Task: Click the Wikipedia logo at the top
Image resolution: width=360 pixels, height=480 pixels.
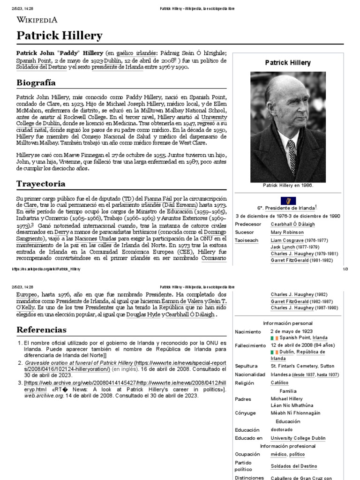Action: (37, 19)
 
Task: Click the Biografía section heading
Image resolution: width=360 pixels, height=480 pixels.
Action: (36, 82)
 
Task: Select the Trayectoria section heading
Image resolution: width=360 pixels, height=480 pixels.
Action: (41, 183)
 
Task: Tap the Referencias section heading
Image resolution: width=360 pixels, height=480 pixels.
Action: (41, 330)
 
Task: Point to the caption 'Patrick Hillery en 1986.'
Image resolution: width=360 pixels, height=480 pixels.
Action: (288, 186)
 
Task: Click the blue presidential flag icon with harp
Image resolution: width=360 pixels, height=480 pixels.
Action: (288, 200)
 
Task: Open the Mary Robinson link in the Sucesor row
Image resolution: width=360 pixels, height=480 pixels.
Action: (287, 232)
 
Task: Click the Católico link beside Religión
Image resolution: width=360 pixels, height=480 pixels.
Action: (280, 383)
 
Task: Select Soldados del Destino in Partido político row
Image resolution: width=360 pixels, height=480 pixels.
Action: (294, 466)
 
